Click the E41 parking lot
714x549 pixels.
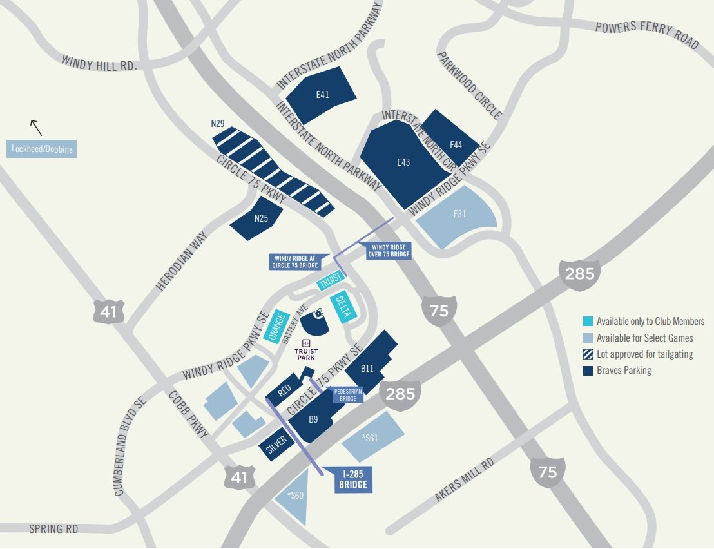(321, 94)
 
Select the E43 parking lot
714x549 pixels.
(403, 164)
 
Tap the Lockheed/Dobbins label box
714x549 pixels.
(42, 149)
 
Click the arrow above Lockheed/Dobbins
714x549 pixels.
(36, 127)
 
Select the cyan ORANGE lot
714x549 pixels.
(278, 326)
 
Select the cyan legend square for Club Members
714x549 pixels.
(588, 321)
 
